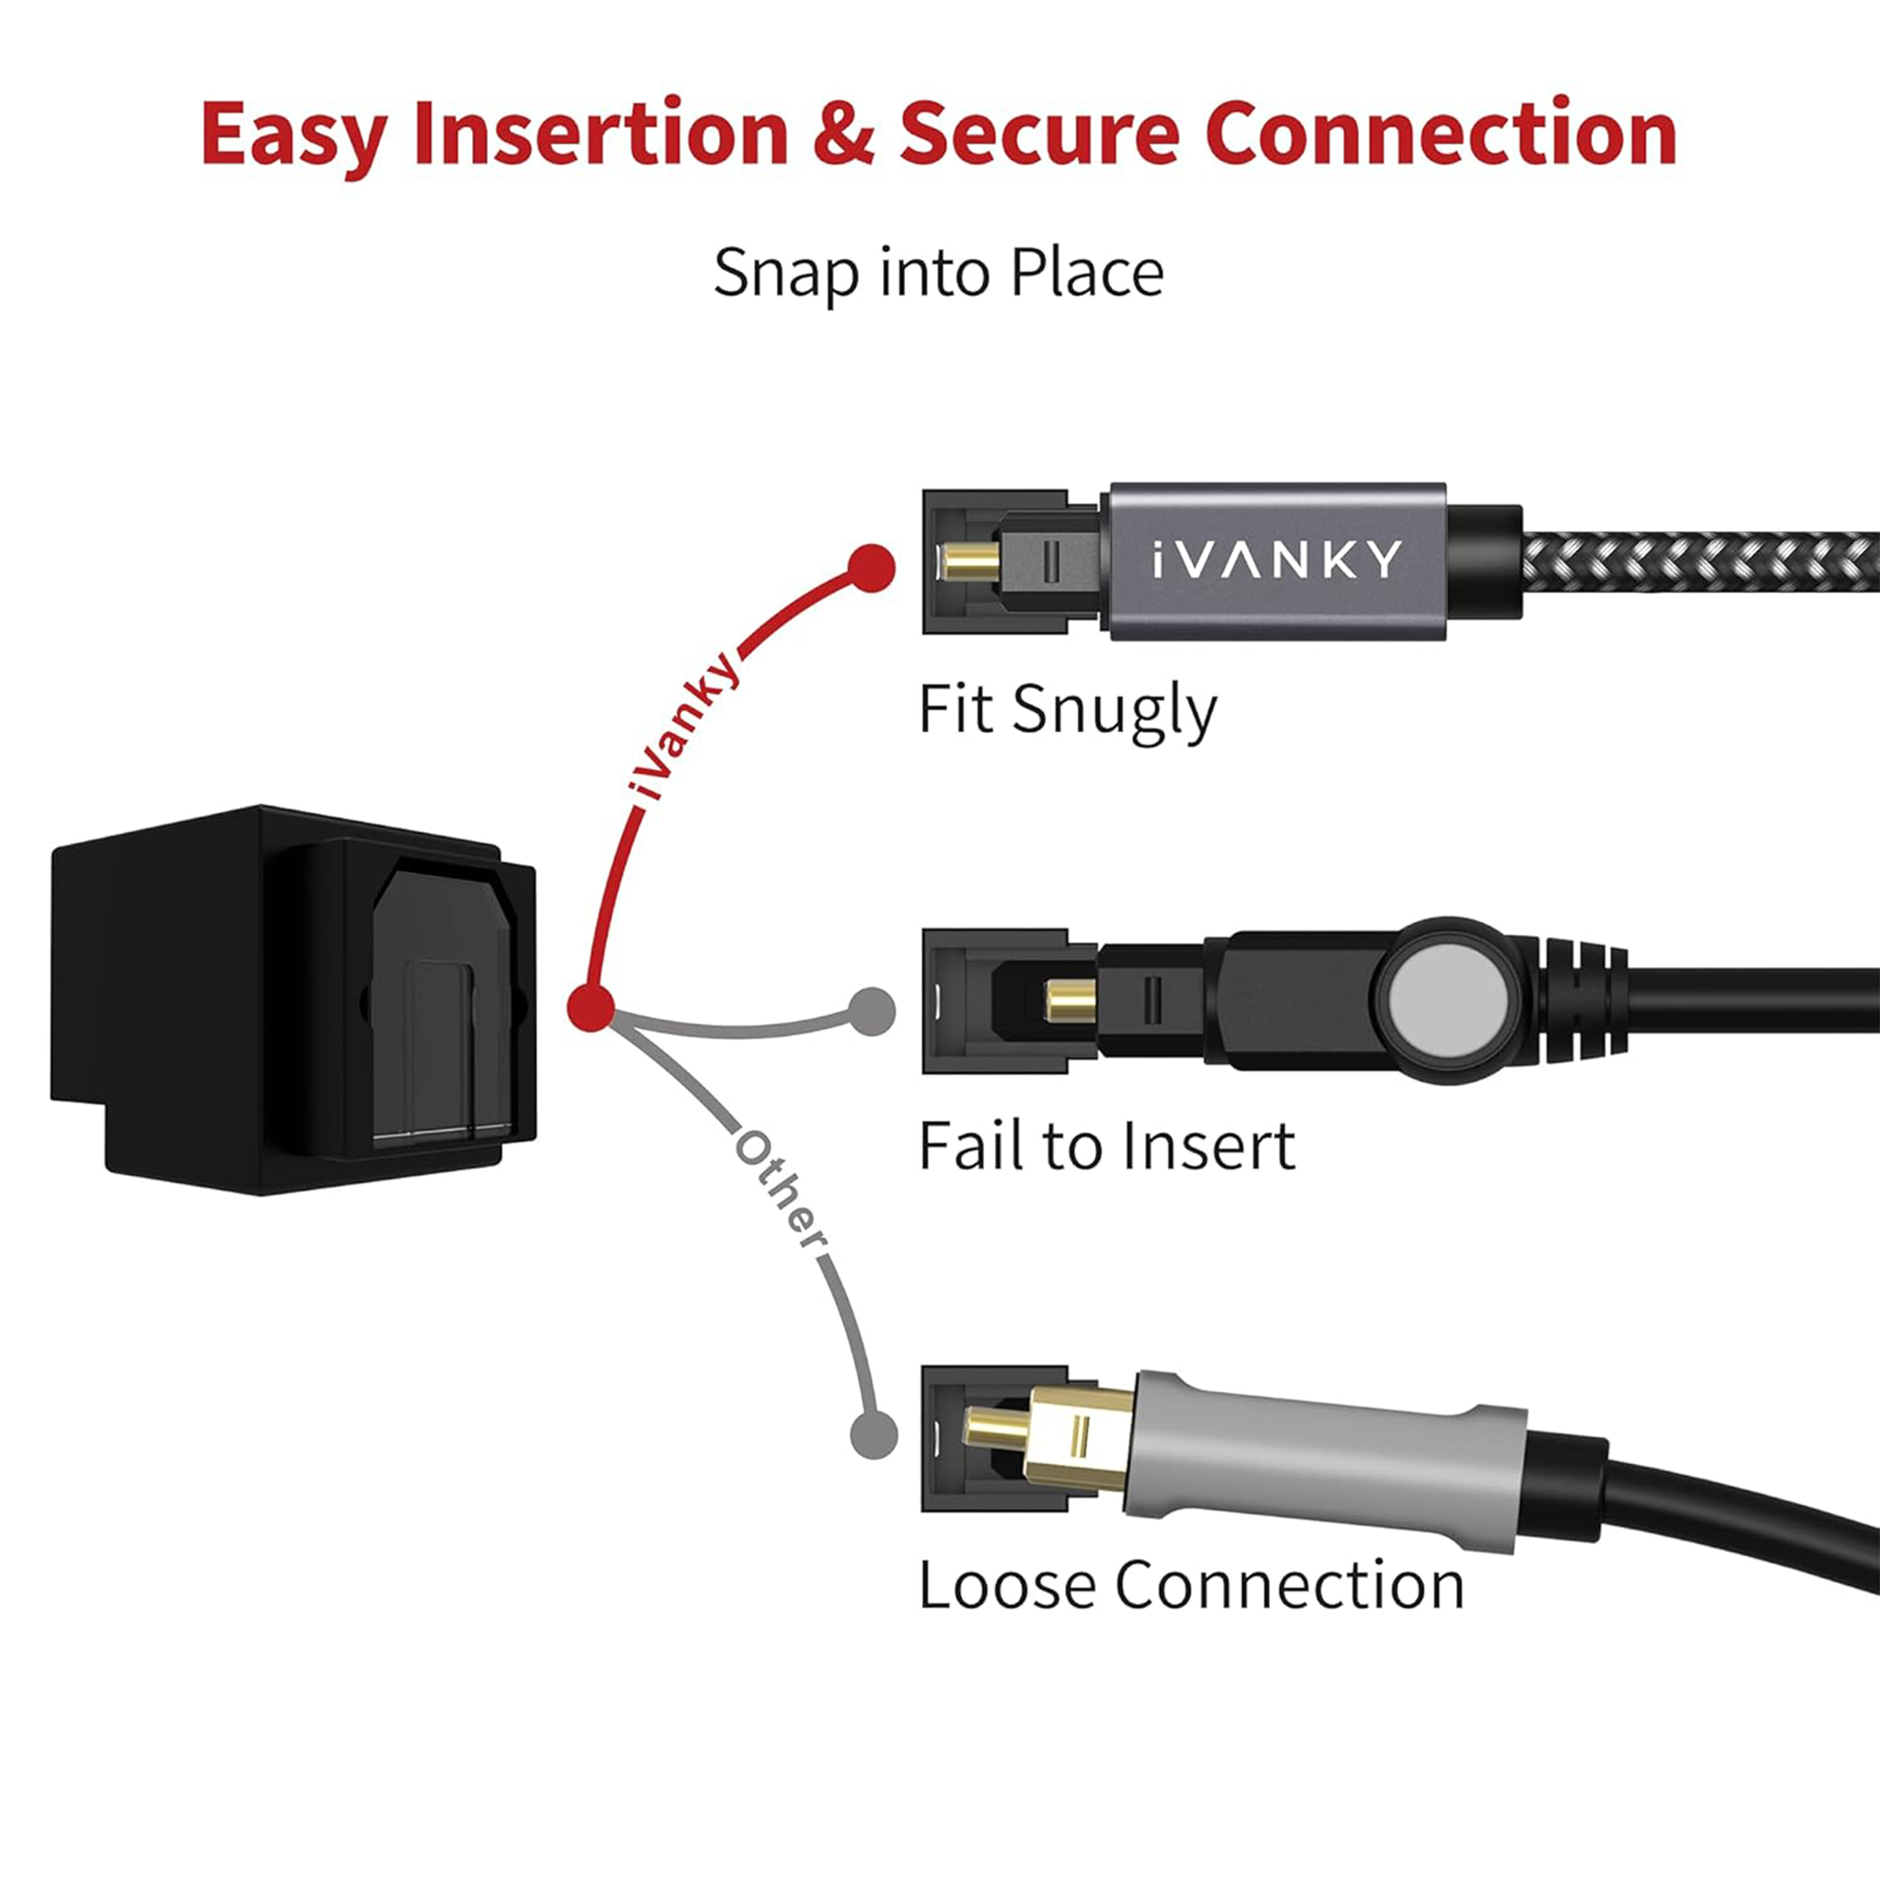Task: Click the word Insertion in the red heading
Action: point(600,133)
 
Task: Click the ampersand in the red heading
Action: point(842,133)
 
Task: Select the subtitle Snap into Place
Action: point(938,273)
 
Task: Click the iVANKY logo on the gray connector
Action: point(1277,560)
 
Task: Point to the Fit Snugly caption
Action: point(1067,711)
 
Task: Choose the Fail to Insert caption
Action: point(1106,1146)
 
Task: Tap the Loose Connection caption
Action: point(1191,1585)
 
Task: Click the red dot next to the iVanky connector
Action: point(871,569)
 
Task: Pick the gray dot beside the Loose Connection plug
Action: point(873,1433)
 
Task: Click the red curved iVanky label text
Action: point(682,726)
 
